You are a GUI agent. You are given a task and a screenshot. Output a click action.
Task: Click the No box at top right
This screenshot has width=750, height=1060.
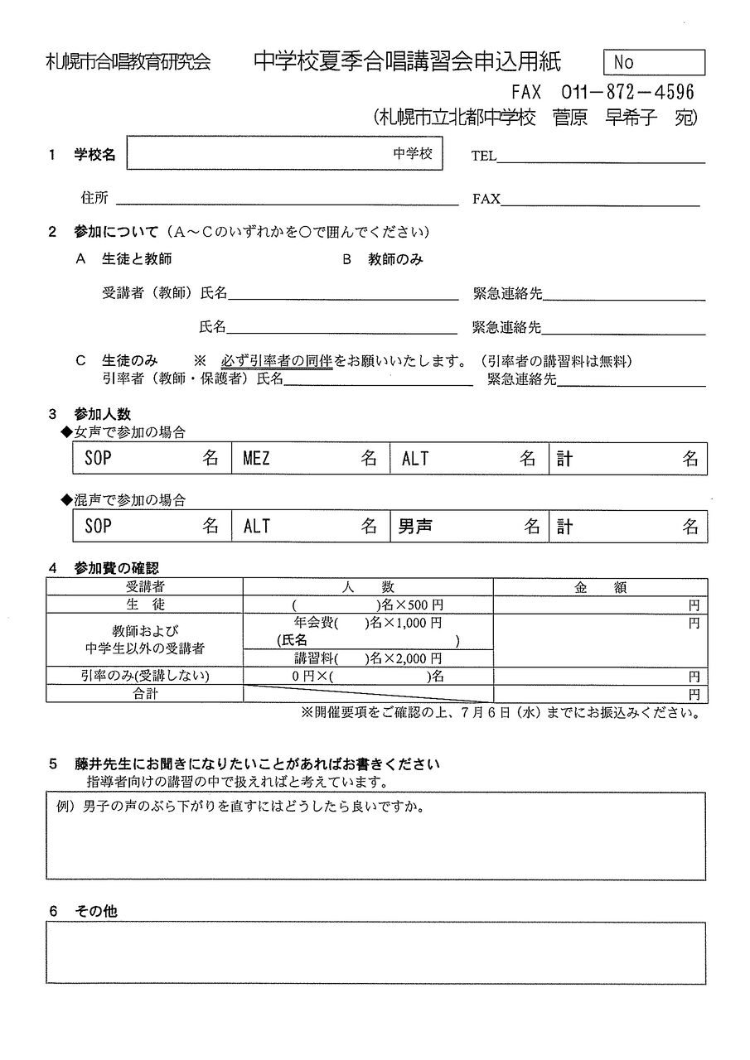click(656, 62)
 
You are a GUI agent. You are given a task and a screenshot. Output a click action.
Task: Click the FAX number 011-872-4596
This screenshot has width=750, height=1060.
click(627, 92)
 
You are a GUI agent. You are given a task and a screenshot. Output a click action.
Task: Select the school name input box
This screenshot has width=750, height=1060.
click(284, 154)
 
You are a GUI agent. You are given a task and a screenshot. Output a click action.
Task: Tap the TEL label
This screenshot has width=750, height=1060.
click(483, 156)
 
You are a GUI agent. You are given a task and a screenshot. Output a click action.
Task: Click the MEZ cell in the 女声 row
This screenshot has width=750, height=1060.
click(310, 459)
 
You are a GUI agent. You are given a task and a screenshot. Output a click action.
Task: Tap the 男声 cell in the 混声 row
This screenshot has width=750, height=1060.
click(468, 527)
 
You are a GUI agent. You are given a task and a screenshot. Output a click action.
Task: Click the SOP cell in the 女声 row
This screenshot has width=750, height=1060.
click(152, 459)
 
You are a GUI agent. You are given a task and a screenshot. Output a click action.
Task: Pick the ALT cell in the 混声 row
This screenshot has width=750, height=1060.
click(310, 527)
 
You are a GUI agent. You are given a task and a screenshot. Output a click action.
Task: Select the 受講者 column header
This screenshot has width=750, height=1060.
click(145, 587)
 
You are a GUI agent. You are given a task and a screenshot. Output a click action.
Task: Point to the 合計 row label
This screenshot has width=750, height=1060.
click(145, 694)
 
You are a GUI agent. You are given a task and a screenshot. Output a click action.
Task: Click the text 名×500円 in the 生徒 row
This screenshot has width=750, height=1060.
click(410, 605)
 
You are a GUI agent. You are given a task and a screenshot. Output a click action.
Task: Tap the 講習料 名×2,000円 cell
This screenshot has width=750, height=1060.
click(368, 658)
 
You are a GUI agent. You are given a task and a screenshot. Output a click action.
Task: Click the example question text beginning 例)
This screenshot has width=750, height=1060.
click(240, 807)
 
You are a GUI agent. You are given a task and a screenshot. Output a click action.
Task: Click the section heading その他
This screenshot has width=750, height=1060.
click(95, 911)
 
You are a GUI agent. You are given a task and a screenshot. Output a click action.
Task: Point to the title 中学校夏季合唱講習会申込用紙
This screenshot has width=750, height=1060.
click(407, 62)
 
